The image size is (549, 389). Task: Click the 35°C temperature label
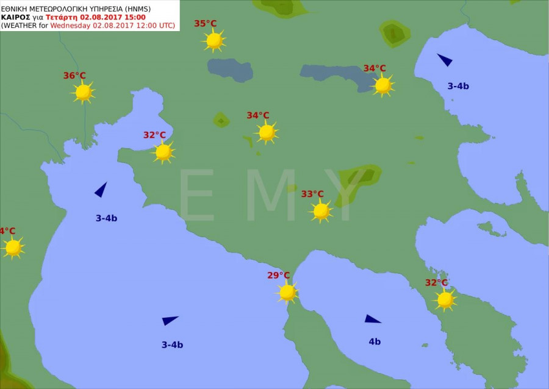click(x=206, y=24)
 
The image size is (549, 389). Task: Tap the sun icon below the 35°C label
click(x=213, y=41)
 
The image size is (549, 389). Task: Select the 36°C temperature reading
click(x=74, y=76)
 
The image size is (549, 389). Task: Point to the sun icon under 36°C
click(x=83, y=92)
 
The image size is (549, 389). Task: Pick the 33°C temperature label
click(x=312, y=194)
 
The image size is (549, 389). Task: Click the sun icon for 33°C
click(x=321, y=211)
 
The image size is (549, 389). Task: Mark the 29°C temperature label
click(x=278, y=275)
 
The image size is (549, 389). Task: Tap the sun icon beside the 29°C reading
click(x=287, y=292)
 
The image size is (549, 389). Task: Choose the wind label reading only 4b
click(x=375, y=341)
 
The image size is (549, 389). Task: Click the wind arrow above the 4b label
click(x=372, y=319)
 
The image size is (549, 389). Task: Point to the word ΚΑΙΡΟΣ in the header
click(x=16, y=18)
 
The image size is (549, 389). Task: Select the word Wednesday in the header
click(x=71, y=26)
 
